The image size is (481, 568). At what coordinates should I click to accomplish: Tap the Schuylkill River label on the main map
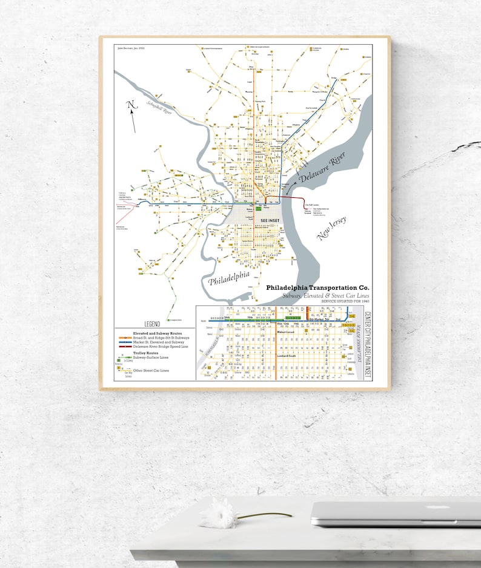[159, 110]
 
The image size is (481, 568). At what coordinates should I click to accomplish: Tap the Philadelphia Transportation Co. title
[318, 287]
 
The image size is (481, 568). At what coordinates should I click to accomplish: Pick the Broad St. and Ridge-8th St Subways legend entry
[161, 337]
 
